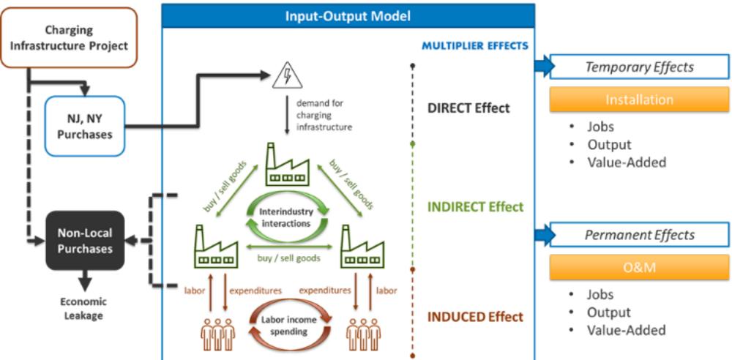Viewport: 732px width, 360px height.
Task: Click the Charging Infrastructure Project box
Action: tap(69, 37)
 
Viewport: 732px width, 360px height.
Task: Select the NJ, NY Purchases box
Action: tap(85, 126)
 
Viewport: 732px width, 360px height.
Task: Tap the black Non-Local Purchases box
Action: tap(85, 241)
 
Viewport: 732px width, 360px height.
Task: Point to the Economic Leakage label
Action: tap(83, 309)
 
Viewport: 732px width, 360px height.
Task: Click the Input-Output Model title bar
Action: tap(348, 16)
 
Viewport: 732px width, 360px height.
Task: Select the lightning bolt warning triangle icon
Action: tap(288, 75)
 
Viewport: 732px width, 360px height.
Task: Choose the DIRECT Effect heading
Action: tap(468, 108)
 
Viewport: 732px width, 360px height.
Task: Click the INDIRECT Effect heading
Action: tap(476, 206)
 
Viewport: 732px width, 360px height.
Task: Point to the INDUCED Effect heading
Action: tap(475, 317)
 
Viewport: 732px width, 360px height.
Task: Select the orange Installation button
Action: tap(639, 100)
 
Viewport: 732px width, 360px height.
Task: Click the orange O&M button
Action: tap(639, 268)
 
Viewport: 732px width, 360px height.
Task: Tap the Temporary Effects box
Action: tap(640, 67)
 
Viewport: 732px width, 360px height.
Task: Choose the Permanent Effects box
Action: tap(640, 235)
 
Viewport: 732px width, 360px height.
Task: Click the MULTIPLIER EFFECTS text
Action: tap(475, 46)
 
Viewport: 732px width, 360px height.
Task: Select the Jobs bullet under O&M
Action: tap(600, 295)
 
